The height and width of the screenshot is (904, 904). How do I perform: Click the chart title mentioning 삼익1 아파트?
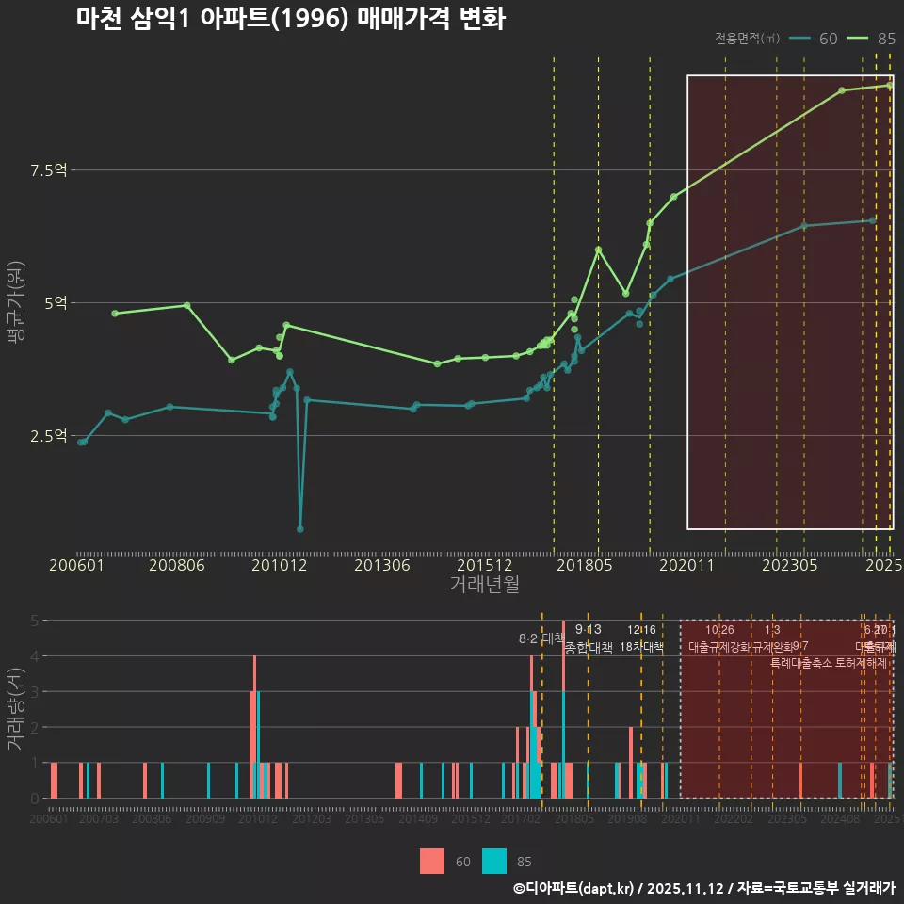tap(291, 19)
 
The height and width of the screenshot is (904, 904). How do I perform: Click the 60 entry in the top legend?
tap(815, 39)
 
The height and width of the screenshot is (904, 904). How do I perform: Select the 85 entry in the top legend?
tap(873, 39)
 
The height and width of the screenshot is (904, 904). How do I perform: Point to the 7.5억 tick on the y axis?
tap(48, 170)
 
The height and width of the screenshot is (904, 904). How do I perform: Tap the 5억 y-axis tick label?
tap(54, 303)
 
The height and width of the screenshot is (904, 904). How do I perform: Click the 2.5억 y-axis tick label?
tap(48, 436)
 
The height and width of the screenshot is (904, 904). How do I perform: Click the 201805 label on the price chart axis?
tap(583, 566)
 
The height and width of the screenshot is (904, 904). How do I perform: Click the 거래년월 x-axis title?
tap(484, 585)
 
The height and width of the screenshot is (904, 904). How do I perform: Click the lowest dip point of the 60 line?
tap(300, 529)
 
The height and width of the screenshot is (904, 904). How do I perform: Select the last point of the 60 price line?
tap(873, 220)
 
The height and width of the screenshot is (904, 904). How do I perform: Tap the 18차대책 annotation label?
tap(641, 647)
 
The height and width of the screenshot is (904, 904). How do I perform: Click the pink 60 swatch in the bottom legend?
tap(432, 861)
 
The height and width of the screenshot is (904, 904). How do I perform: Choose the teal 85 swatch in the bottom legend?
tap(493, 861)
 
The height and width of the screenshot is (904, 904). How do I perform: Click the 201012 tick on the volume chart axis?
tap(258, 820)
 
